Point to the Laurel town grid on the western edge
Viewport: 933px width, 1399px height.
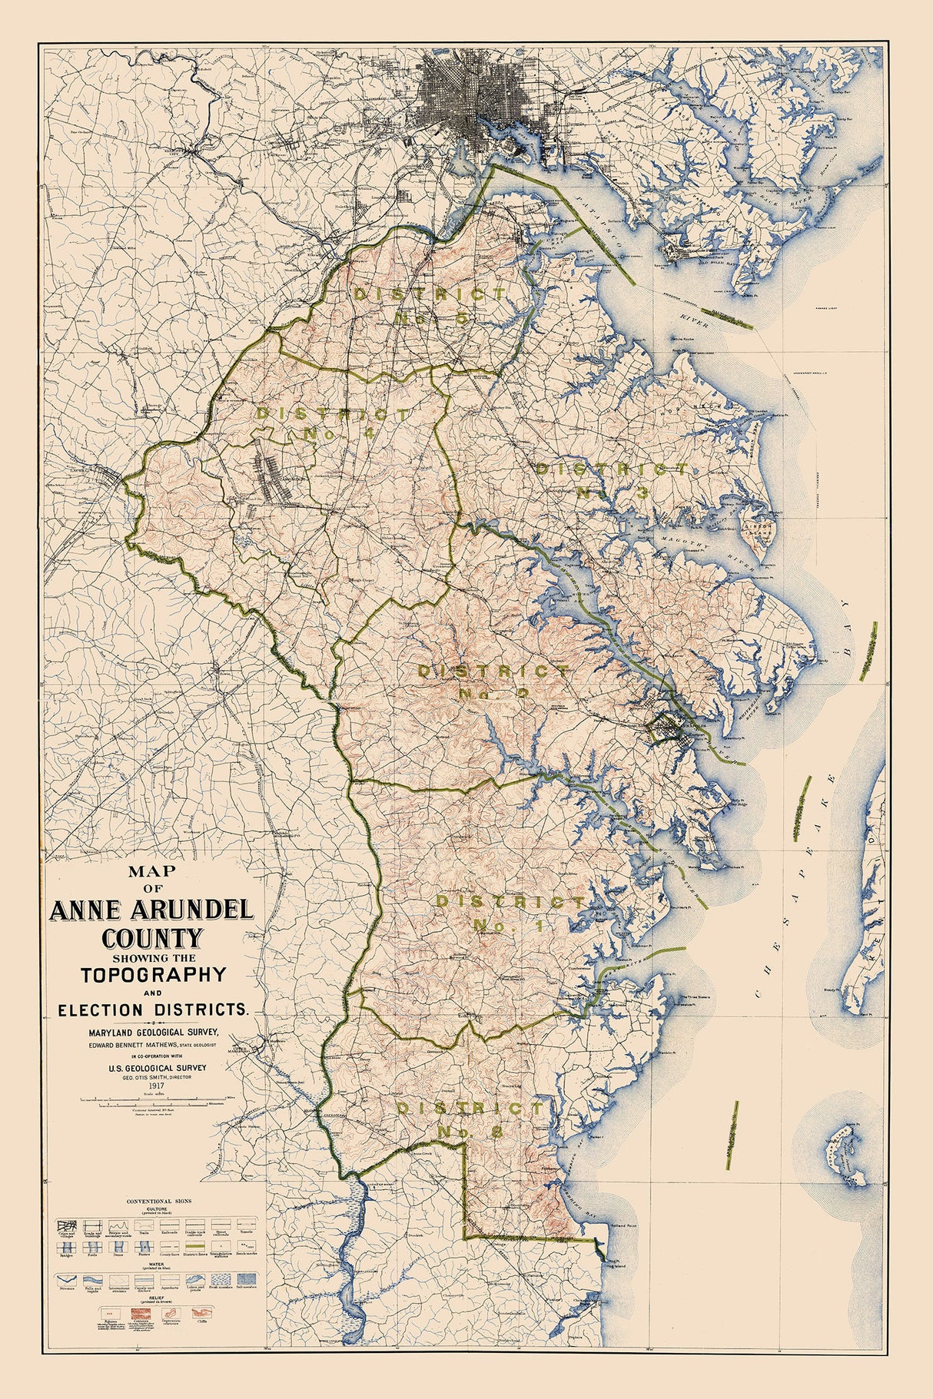tap(108, 474)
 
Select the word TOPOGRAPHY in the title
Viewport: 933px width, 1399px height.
tap(154, 974)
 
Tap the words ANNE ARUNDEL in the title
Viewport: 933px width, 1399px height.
tap(151, 910)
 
